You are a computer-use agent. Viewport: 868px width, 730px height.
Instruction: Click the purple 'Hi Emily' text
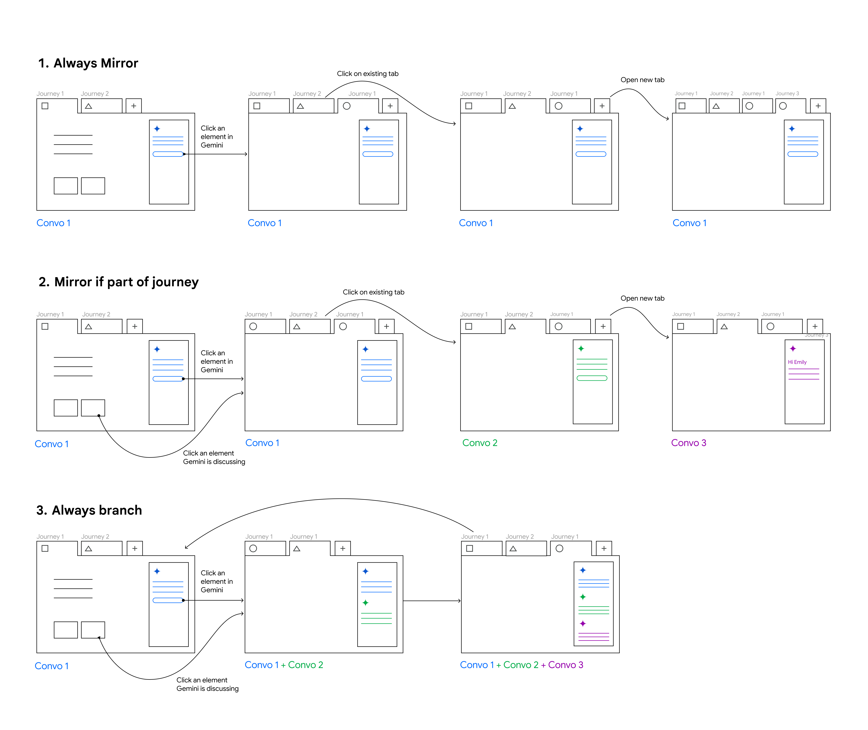point(797,362)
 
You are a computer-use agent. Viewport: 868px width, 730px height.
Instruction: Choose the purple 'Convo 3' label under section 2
point(688,443)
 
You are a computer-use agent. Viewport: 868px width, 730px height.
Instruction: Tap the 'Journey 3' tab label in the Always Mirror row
point(787,93)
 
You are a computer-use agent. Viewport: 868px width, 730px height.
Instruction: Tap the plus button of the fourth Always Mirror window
point(818,106)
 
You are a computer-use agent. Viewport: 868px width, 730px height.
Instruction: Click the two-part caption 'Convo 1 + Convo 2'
point(284,665)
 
